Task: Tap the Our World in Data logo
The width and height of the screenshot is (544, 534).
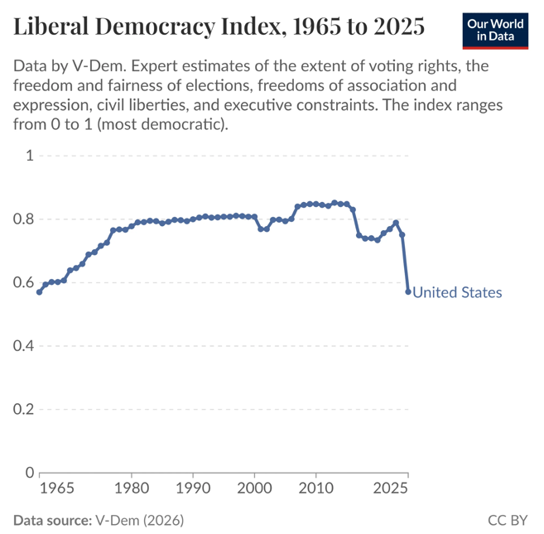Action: click(494, 31)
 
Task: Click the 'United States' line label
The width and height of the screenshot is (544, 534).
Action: click(456, 292)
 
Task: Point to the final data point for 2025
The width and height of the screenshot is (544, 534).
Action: click(408, 291)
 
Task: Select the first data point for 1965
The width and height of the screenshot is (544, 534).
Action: click(39, 291)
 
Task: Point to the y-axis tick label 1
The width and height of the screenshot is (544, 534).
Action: click(29, 156)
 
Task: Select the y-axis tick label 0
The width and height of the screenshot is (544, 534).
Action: click(29, 473)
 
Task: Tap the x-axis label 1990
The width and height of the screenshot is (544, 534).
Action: click(193, 489)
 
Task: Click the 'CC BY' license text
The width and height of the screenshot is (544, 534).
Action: click(508, 520)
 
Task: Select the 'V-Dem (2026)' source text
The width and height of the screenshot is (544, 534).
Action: click(139, 520)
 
